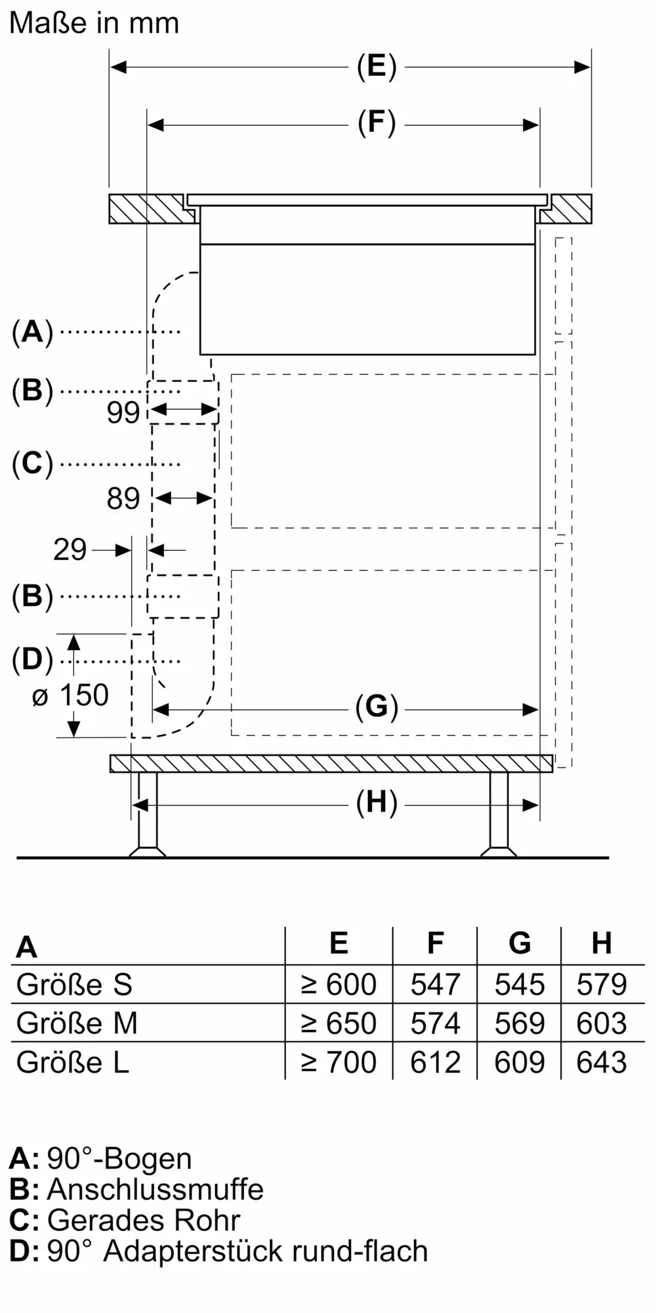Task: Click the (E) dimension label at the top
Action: click(377, 67)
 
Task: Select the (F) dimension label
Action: click(377, 123)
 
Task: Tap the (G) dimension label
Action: click(377, 708)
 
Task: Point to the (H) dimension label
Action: click(377, 804)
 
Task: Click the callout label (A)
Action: click(32, 332)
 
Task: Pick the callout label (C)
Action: click(32, 463)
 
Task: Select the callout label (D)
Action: click(32, 660)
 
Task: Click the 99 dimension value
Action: click(123, 412)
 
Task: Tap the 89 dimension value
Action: click(123, 499)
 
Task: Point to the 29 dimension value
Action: click(70, 549)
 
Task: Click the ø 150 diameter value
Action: click(70, 695)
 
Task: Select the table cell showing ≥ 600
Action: click(338, 985)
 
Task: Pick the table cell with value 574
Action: click(435, 1023)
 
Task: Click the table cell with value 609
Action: click(519, 1062)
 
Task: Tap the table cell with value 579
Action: click(602, 985)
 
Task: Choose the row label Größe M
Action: click(77, 1023)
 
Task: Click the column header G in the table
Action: click(520, 943)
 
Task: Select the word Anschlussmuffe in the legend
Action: click(155, 1190)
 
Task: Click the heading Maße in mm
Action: click(94, 24)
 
